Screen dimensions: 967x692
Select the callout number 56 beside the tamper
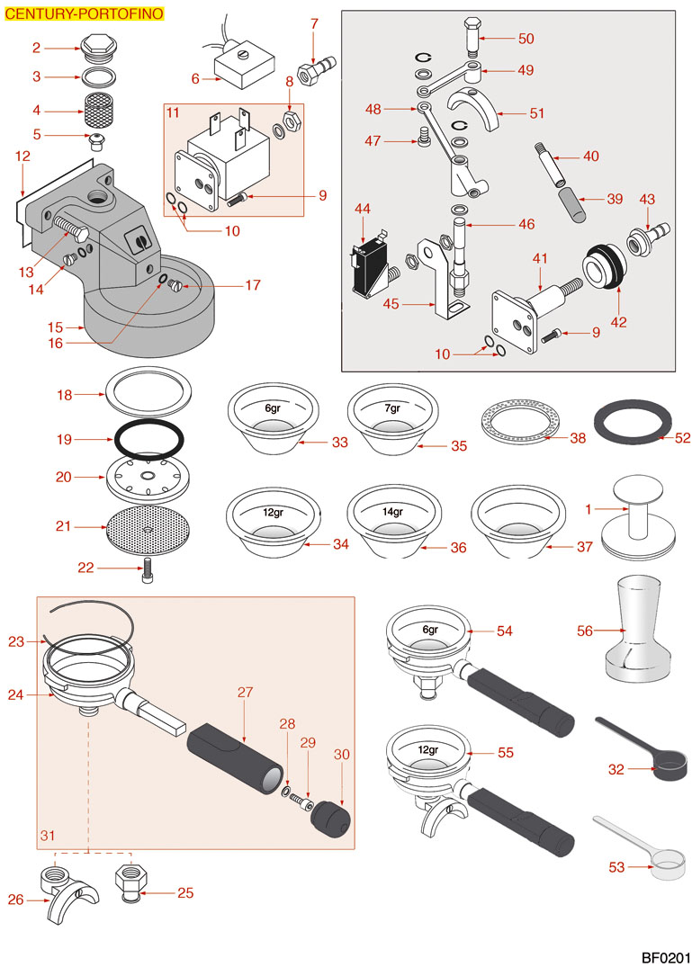pyautogui.click(x=585, y=631)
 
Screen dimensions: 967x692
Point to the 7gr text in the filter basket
pyautogui.click(x=392, y=408)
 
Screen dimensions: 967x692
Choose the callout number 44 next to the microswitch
pyautogui.click(x=363, y=209)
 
